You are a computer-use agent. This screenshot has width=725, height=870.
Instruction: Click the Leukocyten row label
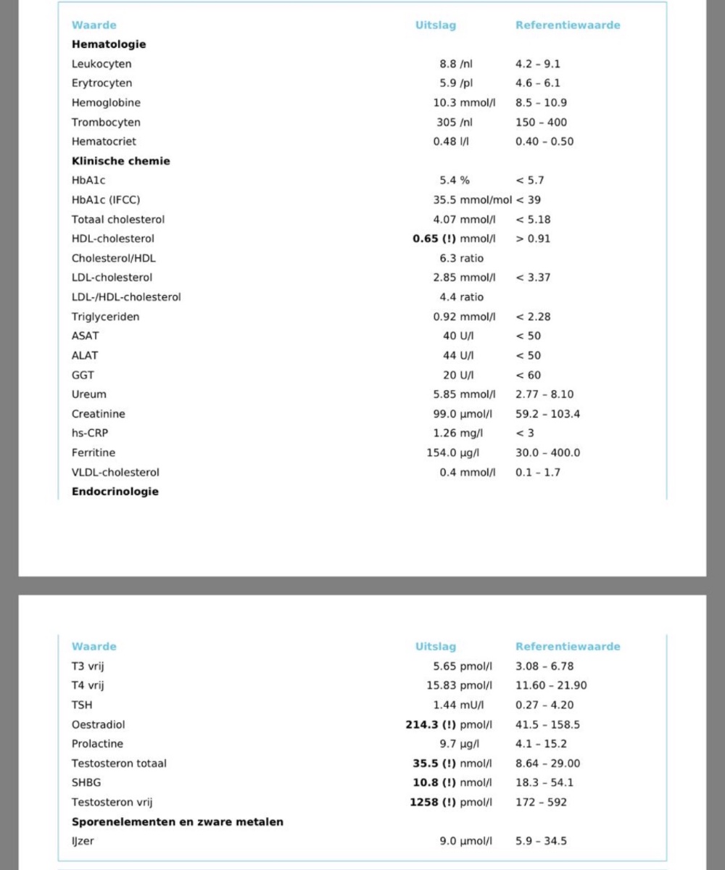coord(101,64)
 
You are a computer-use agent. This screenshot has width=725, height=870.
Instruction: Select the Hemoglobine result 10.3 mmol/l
coord(464,103)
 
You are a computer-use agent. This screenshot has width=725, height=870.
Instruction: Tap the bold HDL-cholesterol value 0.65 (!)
coord(434,239)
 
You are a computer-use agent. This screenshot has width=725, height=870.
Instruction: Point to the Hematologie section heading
coord(109,44)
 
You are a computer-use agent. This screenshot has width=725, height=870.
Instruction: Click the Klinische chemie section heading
coord(120,161)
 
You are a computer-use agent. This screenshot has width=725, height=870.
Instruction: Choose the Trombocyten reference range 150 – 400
coord(541,123)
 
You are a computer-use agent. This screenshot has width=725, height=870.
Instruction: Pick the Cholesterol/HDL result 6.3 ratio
coord(461,258)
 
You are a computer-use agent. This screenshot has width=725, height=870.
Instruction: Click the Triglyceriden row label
coord(105,317)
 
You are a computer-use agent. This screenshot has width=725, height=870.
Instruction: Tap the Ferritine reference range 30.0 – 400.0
coord(547,453)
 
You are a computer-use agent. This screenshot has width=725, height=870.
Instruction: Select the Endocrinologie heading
coord(115,492)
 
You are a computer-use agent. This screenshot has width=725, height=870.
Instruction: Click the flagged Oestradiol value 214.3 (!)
coord(431,724)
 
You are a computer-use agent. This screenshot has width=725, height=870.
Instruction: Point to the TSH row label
coord(82,705)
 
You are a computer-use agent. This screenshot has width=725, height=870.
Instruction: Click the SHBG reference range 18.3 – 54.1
coord(544,783)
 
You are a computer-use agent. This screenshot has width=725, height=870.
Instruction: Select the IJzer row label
coord(83,841)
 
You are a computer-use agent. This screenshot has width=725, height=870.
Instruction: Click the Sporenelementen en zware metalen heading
coord(177,822)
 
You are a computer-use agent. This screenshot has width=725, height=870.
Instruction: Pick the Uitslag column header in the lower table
coord(436,647)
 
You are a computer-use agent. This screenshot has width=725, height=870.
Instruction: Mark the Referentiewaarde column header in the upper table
coord(568,25)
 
